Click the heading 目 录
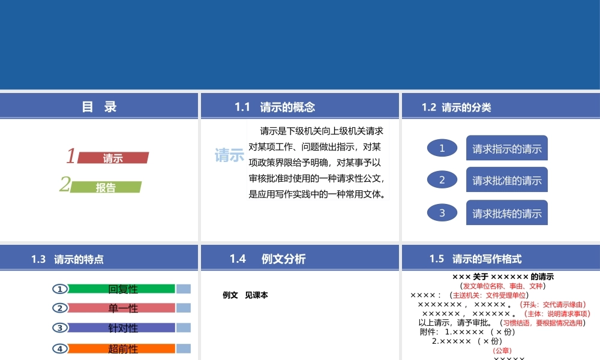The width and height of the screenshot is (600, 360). tap(99, 107)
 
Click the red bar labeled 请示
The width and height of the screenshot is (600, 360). tap(113, 158)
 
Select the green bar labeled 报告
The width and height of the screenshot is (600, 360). tap(106, 187)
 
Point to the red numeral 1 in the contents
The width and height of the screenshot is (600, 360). tap(71, 157)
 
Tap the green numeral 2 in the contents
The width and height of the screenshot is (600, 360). tap(65, 185)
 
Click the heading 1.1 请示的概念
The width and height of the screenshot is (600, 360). tap(275, 107)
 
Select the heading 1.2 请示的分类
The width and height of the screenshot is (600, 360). tap(457, 107)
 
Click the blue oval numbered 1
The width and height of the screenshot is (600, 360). tap(442, 148)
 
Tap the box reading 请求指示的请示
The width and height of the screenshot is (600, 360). tap(507, 149)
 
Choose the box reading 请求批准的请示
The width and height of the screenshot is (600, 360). tap(507, 180)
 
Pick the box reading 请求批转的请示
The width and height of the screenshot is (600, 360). tap(507, 213)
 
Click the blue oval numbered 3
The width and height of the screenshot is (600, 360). tap(442, 212)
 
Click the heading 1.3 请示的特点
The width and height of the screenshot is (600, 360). tap(67, 259)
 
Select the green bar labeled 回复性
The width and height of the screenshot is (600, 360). tap(122, 289)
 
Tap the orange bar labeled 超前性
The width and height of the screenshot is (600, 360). tap(122, 349)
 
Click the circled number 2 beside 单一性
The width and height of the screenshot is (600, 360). tap(60, 308)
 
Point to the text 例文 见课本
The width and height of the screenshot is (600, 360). tap(245, 295)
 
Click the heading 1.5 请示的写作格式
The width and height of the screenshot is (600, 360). tap(476, 259)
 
